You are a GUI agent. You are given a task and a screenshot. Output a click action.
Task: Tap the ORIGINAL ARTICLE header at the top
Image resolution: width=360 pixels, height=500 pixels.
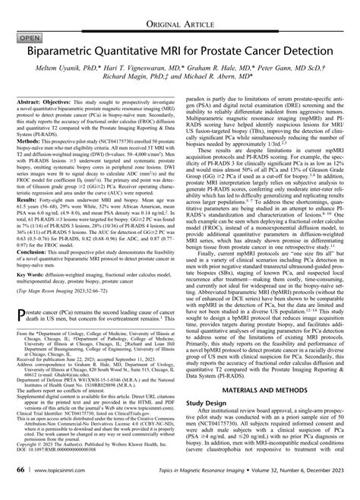pyautogui.click(x=179, y=10)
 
